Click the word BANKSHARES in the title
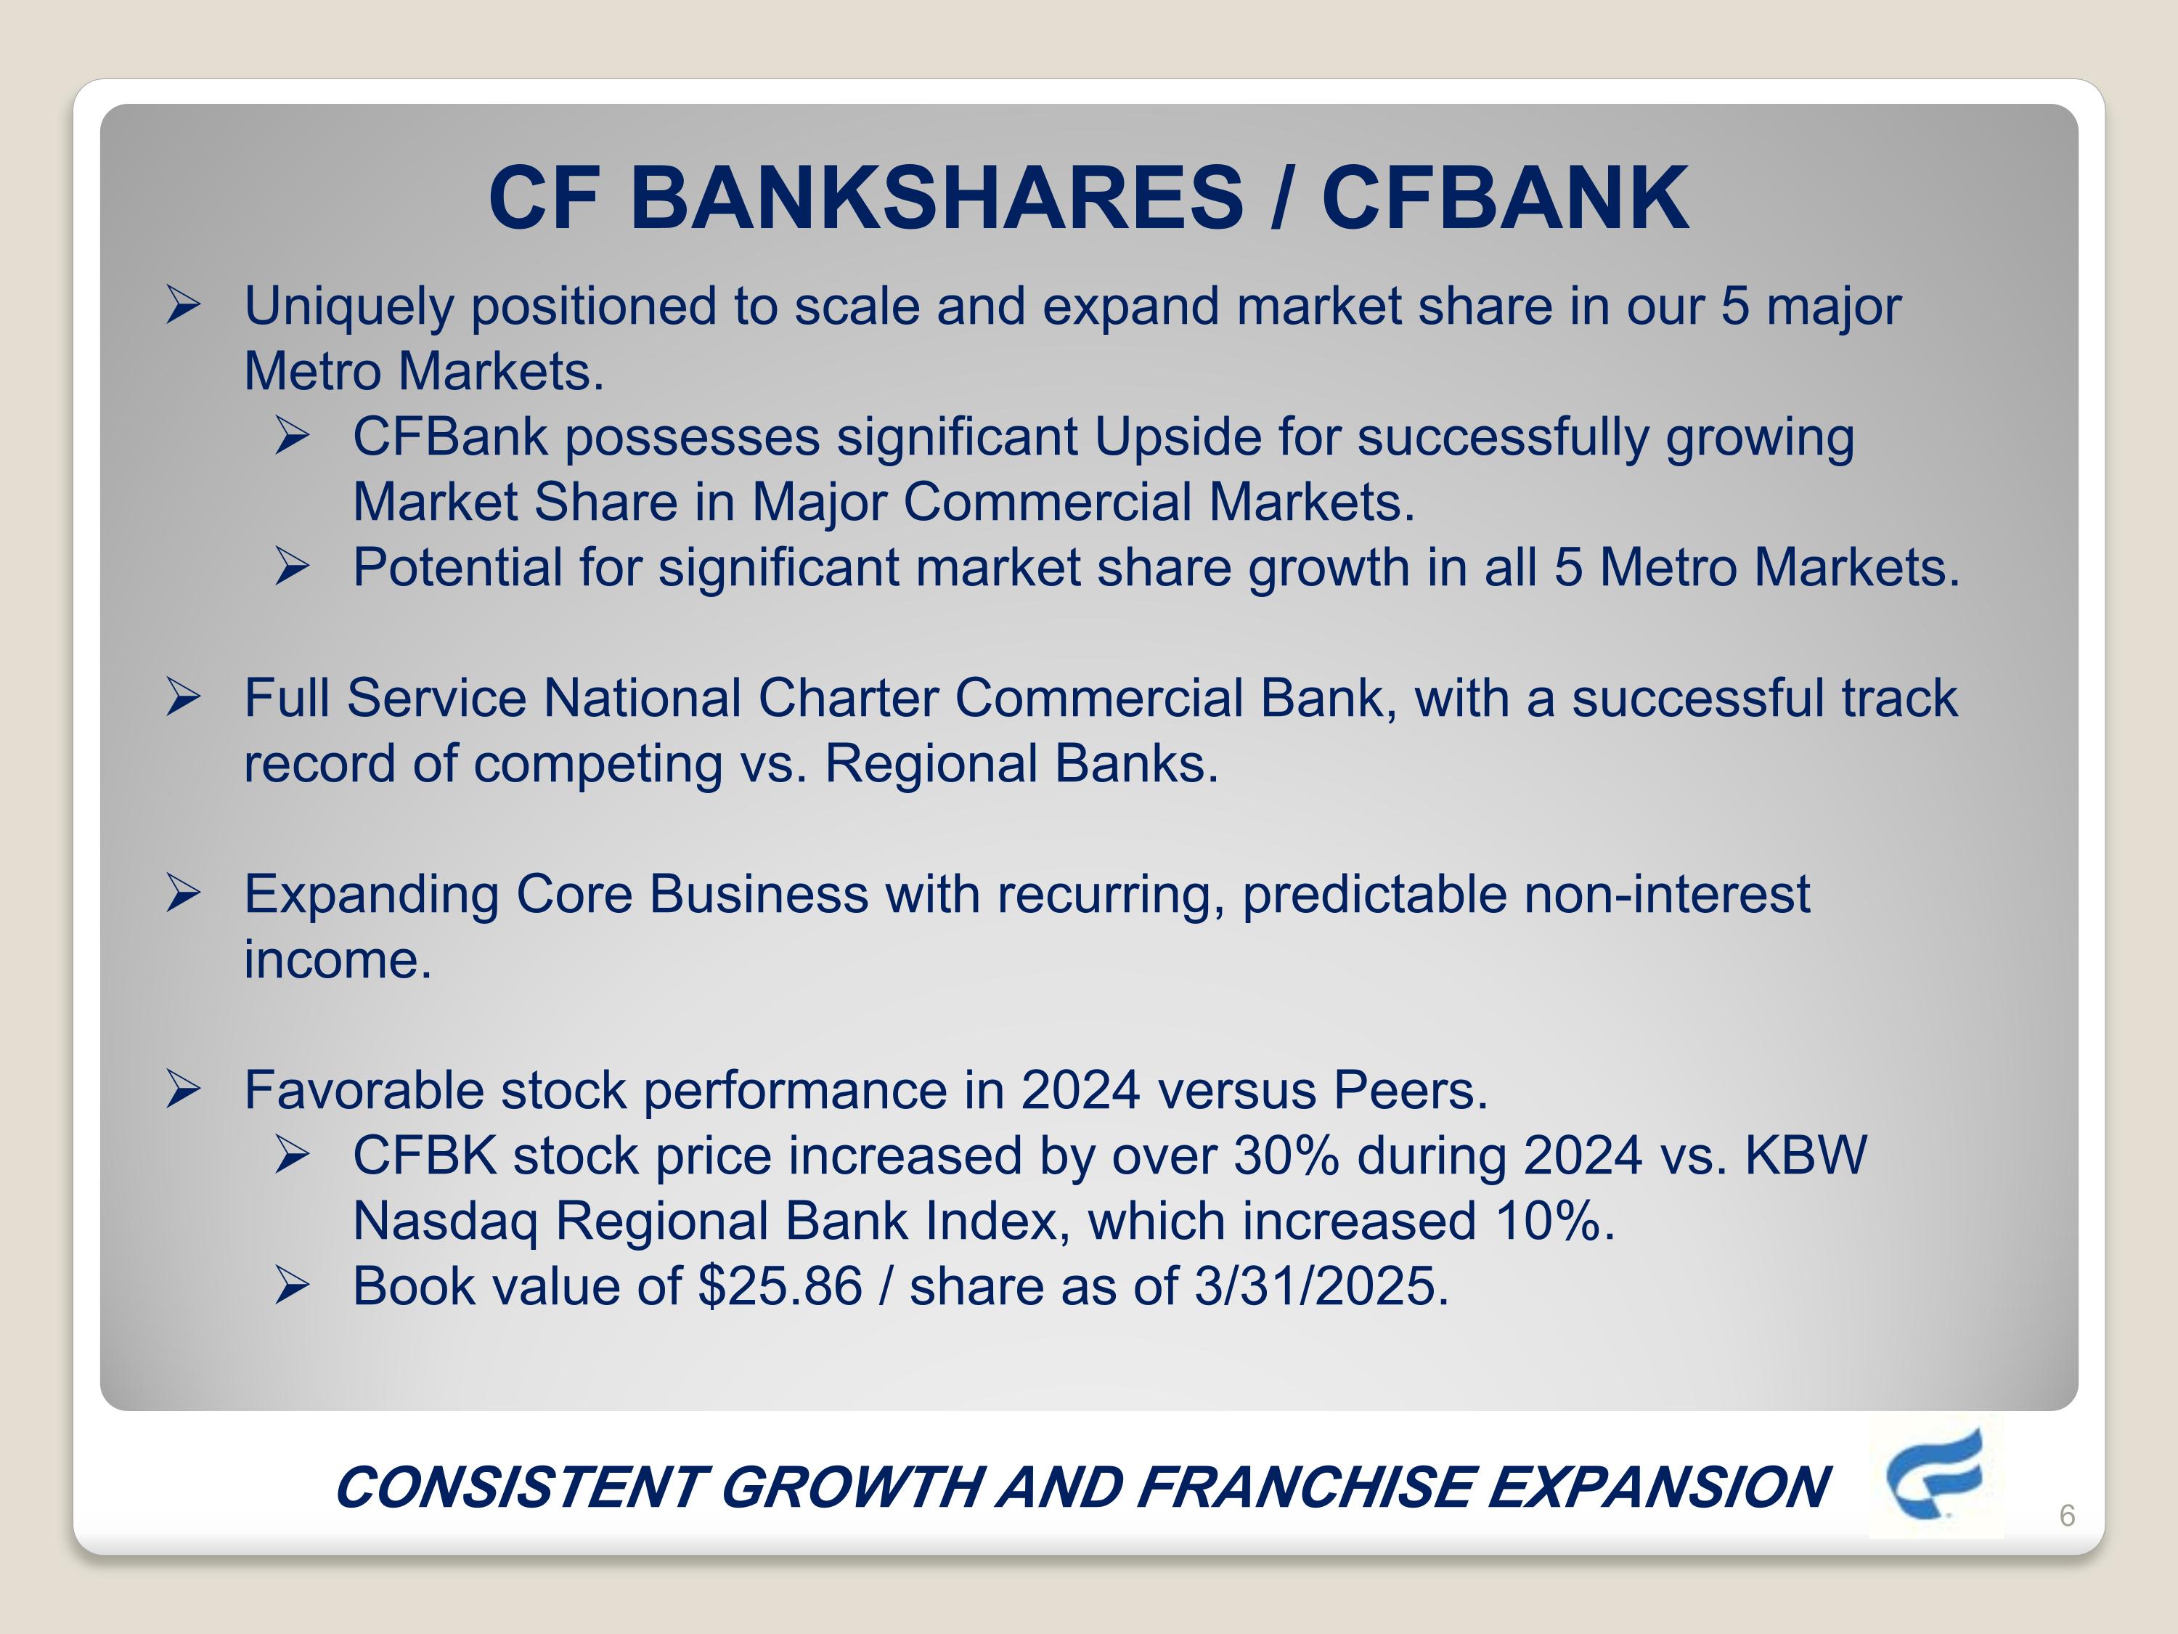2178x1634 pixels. (935, 198)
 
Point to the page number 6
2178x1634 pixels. (2067, 1516)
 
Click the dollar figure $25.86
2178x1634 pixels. (780, 1286)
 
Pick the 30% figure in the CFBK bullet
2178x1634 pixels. (1286, 1155)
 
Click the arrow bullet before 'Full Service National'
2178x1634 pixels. (183, 697)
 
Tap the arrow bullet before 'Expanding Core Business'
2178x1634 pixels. (183, 894)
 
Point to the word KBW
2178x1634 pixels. (1805, 1155)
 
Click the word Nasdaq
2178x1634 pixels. (445, 1222)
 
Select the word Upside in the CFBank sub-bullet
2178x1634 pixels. (1177, 437)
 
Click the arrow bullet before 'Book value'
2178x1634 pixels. (293, 1286)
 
